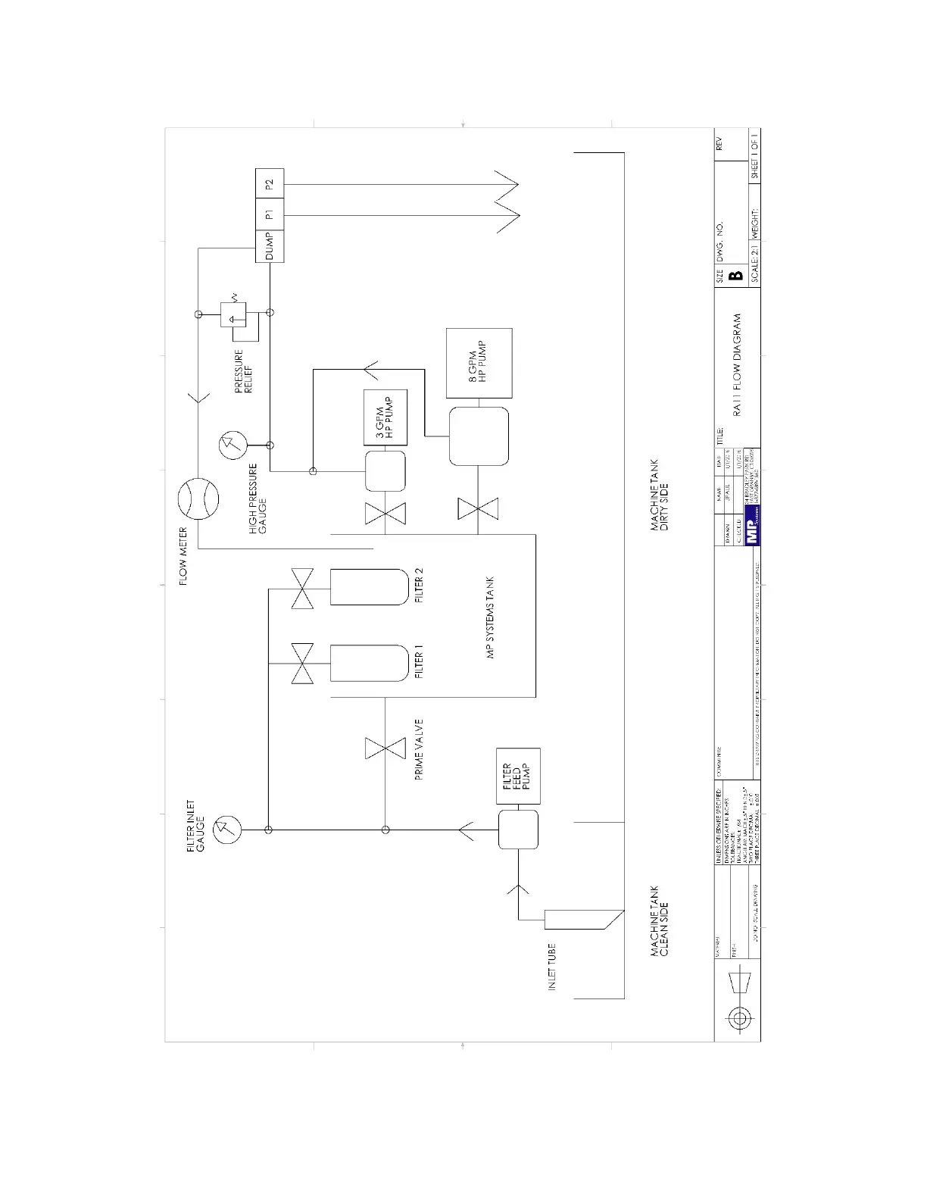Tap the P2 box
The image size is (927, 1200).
[x=270, y=184]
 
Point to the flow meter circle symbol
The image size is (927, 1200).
[x=198, y=499]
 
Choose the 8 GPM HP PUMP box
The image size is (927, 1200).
[x=479, y=364]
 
